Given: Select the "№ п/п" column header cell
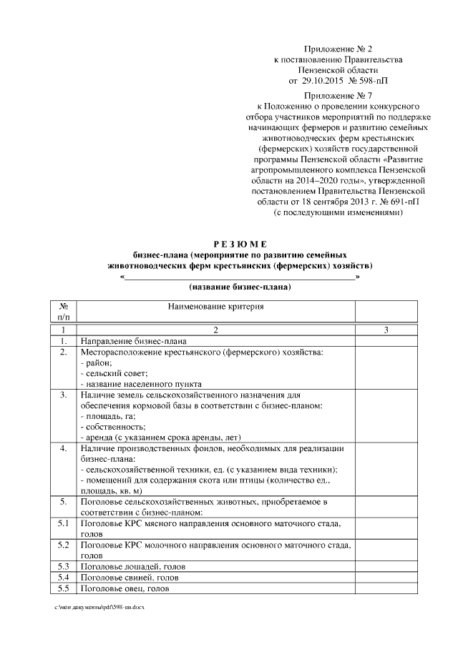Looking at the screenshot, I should point(63,312).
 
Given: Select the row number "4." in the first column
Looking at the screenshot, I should point(63,448).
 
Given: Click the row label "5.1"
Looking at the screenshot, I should point(63,524).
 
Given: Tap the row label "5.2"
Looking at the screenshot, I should point(63,545).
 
